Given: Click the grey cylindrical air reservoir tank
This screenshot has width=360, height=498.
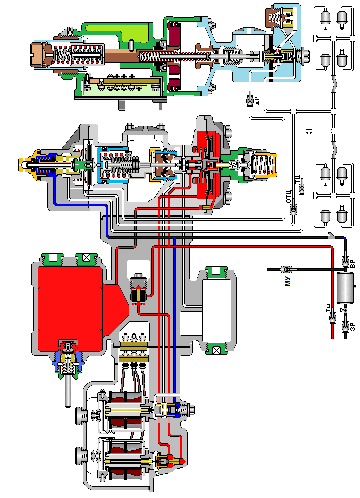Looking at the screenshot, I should [x=345, y=286].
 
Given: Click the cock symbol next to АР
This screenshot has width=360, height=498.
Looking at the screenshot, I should [x=249, y=101].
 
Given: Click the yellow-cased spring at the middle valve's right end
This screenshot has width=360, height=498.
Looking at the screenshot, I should [x=263, y=165].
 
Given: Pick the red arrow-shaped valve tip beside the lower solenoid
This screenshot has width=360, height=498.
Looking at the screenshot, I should [x=182, y=461].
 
